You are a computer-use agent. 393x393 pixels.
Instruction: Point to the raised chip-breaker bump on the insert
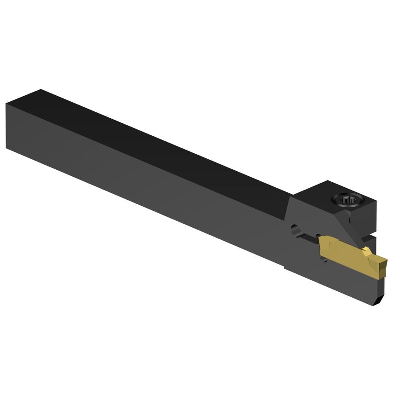pos(366,251)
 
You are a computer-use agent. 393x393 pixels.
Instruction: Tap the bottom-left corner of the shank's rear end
pos(6,148)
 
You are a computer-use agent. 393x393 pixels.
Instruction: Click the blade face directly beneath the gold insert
pos(341,281)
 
